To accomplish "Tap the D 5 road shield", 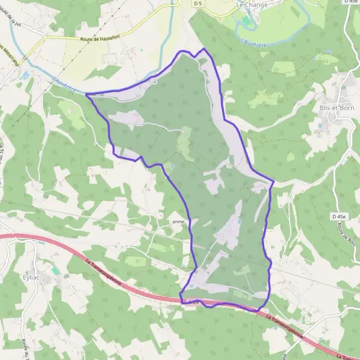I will point(198,4).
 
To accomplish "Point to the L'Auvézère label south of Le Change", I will point(253,43).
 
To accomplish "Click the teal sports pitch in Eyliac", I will point(55,271).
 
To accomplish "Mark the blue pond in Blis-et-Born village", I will point(319,126).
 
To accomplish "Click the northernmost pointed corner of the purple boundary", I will point(204,48).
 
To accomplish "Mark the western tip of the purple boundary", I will point(86,94).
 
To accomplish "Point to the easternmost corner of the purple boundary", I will point(274,181).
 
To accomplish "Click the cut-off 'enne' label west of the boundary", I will point(178,221).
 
